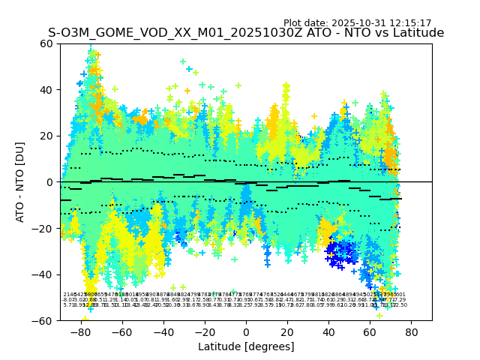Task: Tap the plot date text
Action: (x=357, y=23)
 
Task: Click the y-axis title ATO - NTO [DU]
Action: (x=21, y=182)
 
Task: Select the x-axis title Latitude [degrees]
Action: (x=246, y=346)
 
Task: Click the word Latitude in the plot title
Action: (x=420, y=33)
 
